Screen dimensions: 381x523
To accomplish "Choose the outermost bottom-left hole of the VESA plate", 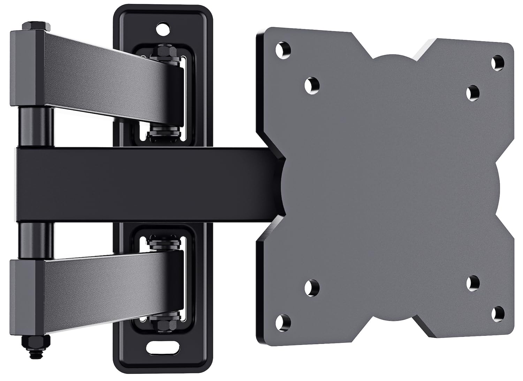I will pyautogui.click(x=285, y=319).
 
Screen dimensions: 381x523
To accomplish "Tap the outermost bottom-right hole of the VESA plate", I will pyautogui.click(x=499, y=311).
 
